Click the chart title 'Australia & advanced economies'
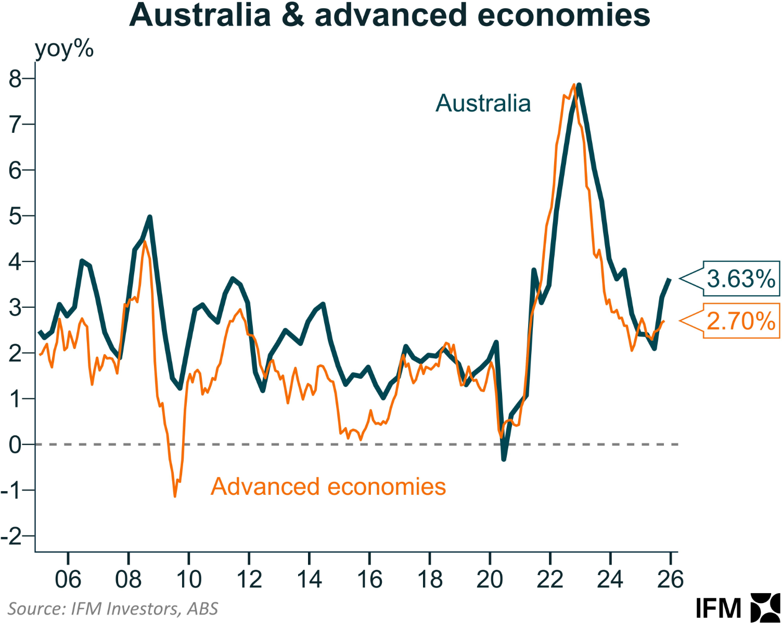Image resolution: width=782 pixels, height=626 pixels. click(x=390, y=16)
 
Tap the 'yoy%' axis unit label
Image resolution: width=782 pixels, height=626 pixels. click(x=64, y=49)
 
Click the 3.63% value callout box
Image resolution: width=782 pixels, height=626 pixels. click(x=741, y=279)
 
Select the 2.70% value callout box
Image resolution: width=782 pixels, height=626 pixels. click(x=741, y=321)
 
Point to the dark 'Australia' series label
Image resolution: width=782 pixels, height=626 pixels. click(x=483, y=103)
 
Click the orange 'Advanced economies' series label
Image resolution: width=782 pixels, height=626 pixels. click(x=328, y=487)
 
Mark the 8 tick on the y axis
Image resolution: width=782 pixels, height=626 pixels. click(x=16, y=79)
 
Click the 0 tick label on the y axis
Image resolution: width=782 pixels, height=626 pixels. click(x=16, y=445)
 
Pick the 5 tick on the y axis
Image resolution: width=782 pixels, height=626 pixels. click(x=16, y=216)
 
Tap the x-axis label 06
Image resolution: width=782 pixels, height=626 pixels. click(x=68, y=580)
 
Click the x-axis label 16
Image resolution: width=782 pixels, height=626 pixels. click(x=369, y=580)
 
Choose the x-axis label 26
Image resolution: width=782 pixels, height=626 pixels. click(x=670, y=580)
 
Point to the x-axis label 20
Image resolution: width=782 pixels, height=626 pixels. click(x=490, y=580)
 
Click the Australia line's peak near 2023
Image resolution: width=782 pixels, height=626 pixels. click(x=579, y=85)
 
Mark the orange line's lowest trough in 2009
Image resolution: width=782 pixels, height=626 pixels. click(x=175, y=496)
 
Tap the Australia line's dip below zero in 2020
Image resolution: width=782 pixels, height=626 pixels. click(x=504, y=459)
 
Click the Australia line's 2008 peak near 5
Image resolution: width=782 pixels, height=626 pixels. click(x=150, y=217)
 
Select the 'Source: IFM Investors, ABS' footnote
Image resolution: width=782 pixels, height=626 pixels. click(x=113, y=609)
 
